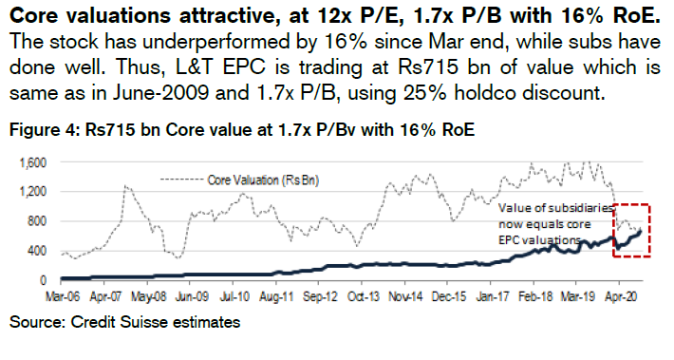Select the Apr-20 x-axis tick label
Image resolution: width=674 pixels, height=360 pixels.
625,296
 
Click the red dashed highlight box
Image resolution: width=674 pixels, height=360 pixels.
628,230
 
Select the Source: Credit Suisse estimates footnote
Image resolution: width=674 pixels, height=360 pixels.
124,324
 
